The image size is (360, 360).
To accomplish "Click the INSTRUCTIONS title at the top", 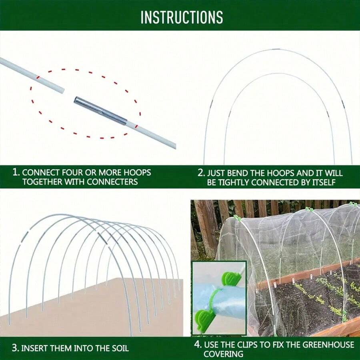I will click(181, 17).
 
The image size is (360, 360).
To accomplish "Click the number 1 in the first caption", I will click(16, 172).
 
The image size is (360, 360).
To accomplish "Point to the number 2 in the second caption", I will click(201, 173).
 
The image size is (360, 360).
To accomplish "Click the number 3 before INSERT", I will click(15, 348).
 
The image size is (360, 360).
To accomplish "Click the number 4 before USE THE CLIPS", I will click(197, 344).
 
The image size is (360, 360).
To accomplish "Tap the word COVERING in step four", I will click(223, 354).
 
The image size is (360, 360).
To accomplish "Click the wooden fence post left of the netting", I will click(206, 228).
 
